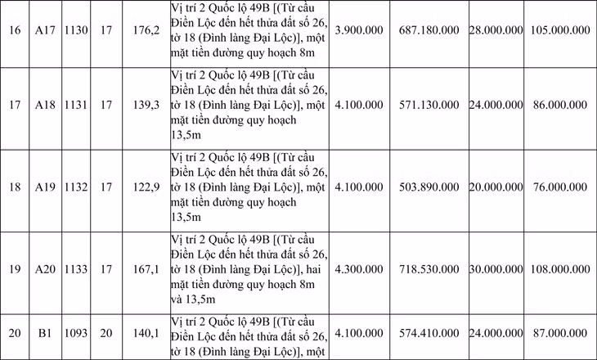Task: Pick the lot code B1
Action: pos(43,334)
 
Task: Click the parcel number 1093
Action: pos(77,334)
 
